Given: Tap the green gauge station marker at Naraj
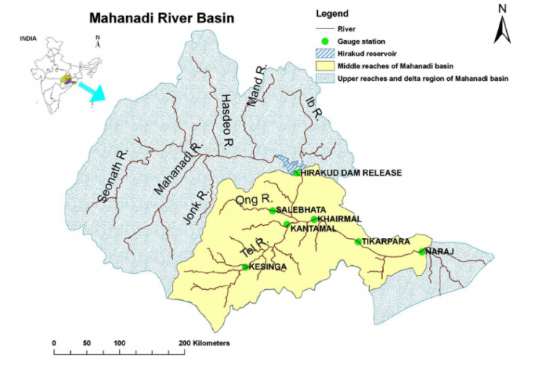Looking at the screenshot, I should click(x=421, y=252).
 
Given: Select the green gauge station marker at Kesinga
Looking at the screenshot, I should click(x=245, y=267).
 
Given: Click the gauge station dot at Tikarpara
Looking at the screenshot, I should click(x=358, y=242).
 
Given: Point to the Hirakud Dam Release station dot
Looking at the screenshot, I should click(x=297, y=173).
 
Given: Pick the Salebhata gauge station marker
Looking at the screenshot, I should click(x=273, y=210).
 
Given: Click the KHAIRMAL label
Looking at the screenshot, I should click(x=341, y=219).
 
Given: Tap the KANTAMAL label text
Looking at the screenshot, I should click(x=313, y=229).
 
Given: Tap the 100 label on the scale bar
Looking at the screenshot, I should click(x=118, y=342).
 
